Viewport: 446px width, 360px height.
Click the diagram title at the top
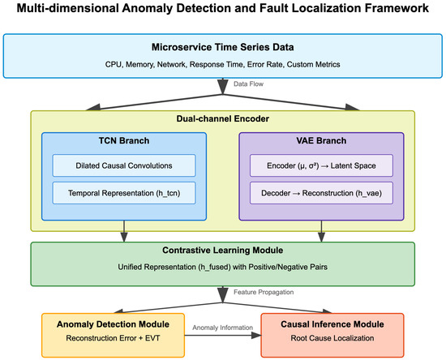coord(223,11)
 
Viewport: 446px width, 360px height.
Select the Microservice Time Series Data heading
coord(223,46)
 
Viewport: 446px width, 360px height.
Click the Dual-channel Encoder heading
coord(223,119)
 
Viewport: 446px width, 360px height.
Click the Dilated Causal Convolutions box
coord(124,165)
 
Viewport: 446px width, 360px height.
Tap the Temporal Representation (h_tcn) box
coord(124,193)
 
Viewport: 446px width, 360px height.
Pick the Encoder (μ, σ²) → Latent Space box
coord(322,165)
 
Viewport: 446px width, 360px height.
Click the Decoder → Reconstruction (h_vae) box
coord(322,193)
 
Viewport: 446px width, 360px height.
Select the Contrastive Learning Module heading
coord(223,252)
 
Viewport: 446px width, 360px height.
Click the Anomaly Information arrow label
coord(223,328)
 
